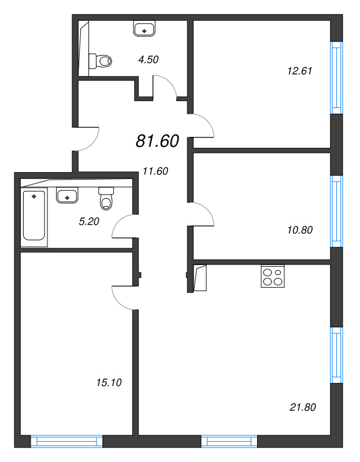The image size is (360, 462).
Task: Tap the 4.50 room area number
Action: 148,59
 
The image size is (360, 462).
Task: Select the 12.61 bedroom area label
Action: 299,72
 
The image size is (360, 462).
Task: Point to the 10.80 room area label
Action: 299,229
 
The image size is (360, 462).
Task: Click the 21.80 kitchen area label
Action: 302,407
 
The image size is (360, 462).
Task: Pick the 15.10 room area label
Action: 109,382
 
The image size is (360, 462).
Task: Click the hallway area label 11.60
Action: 155,170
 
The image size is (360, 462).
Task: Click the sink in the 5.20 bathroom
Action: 67,196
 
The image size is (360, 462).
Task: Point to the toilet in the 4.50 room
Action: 101,59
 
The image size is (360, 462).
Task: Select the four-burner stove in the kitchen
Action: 273,276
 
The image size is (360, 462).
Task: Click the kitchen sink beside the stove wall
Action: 200,278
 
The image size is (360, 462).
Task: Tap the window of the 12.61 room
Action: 336,78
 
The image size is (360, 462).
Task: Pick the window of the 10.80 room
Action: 336,211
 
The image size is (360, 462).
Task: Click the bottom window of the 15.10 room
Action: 66,442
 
